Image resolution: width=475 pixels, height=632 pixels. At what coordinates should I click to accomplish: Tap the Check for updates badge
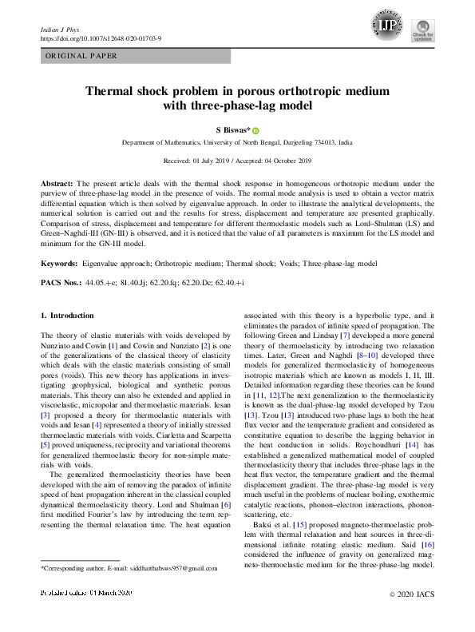[422, 31]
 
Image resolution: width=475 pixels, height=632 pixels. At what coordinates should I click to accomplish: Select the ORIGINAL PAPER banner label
[81, 56]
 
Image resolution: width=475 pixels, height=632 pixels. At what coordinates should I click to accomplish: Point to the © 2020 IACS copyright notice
[412, 618]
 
